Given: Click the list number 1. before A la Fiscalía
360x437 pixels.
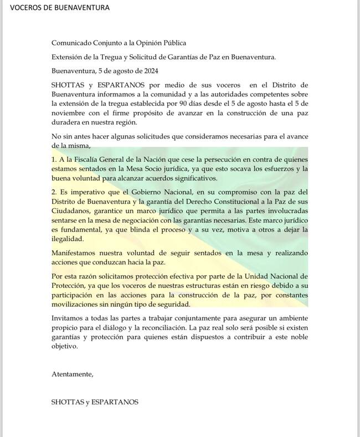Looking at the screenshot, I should (x=54, y=160).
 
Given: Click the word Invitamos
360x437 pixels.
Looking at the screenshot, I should (x=69, y=319).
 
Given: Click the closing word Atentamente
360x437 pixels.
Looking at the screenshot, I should (x=73, y=374).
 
